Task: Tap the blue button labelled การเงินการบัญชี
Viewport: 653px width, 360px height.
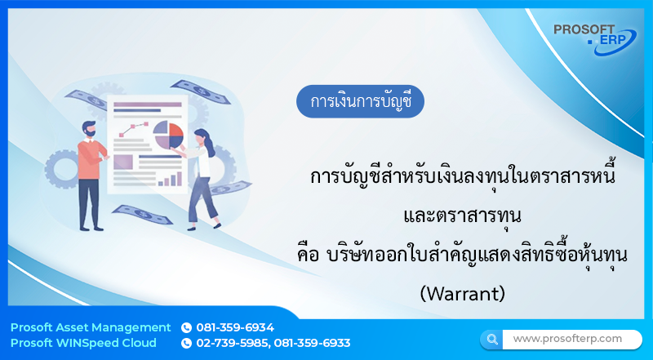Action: tap(360, 102)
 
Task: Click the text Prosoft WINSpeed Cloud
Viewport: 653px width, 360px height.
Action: tap(84, 343)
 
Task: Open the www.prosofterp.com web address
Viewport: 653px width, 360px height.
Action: tap(567, 338)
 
